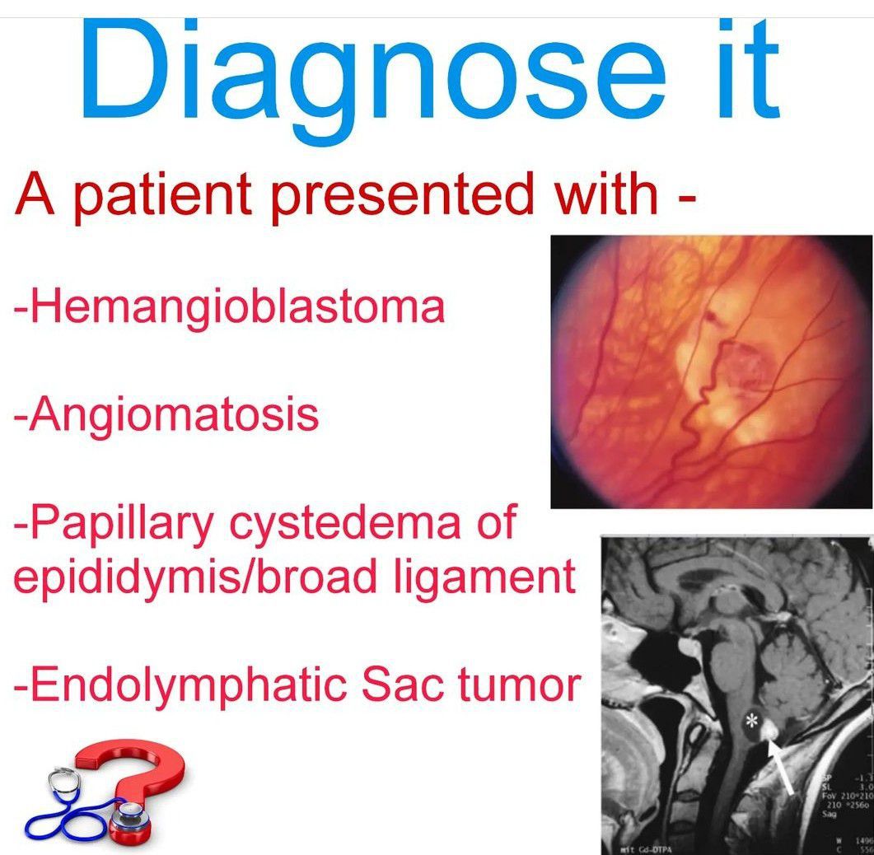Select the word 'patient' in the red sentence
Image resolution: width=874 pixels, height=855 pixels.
(x=161, y=195)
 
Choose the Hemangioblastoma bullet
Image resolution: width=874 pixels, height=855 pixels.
(x=230, y=307)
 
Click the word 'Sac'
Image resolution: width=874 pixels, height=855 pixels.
(x=390, y=684)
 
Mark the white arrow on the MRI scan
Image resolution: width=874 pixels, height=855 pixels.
(x=779, y=766)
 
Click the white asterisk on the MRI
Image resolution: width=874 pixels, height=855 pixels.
(x=750, y=722)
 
